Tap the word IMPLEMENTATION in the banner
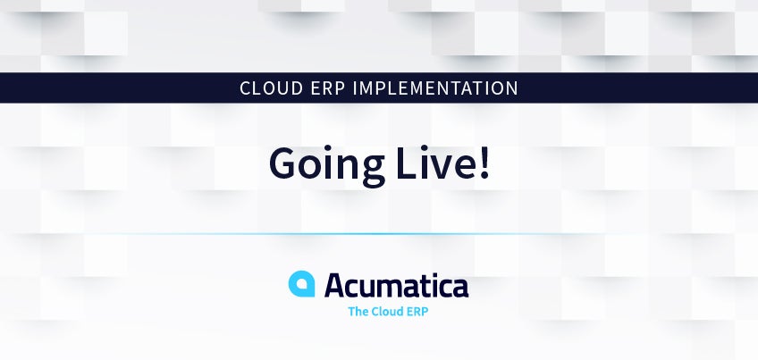[435, 88]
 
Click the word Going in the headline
[327, 164]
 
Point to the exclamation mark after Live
[484, 163]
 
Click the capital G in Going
[282, 163]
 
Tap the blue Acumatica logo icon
[301, 284]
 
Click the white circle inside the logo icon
[302, 284]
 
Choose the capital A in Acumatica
[335, 285]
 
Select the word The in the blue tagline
[358, 312]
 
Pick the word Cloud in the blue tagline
[389, 312]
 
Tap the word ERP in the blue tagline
[419, 312]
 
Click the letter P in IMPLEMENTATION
[382, 88]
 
